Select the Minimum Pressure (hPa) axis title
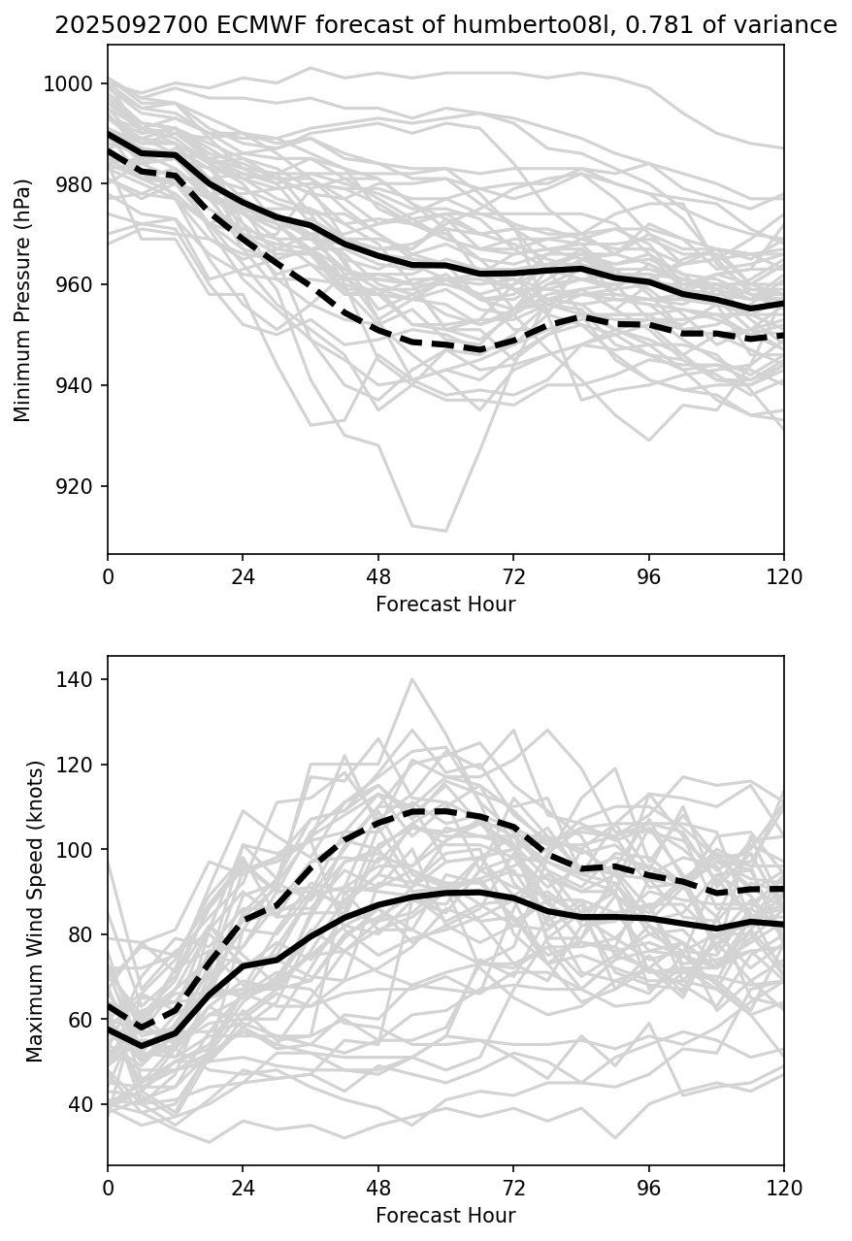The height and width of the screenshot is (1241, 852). click(23, 300)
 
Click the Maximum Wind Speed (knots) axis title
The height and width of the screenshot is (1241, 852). click(36, 910)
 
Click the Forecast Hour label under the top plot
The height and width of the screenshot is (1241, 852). click(445, 604)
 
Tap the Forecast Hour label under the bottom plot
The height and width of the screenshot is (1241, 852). click(445, 1215)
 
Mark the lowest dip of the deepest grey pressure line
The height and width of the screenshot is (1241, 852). click(445, 531)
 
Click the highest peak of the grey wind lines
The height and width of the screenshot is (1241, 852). click(412, 679)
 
